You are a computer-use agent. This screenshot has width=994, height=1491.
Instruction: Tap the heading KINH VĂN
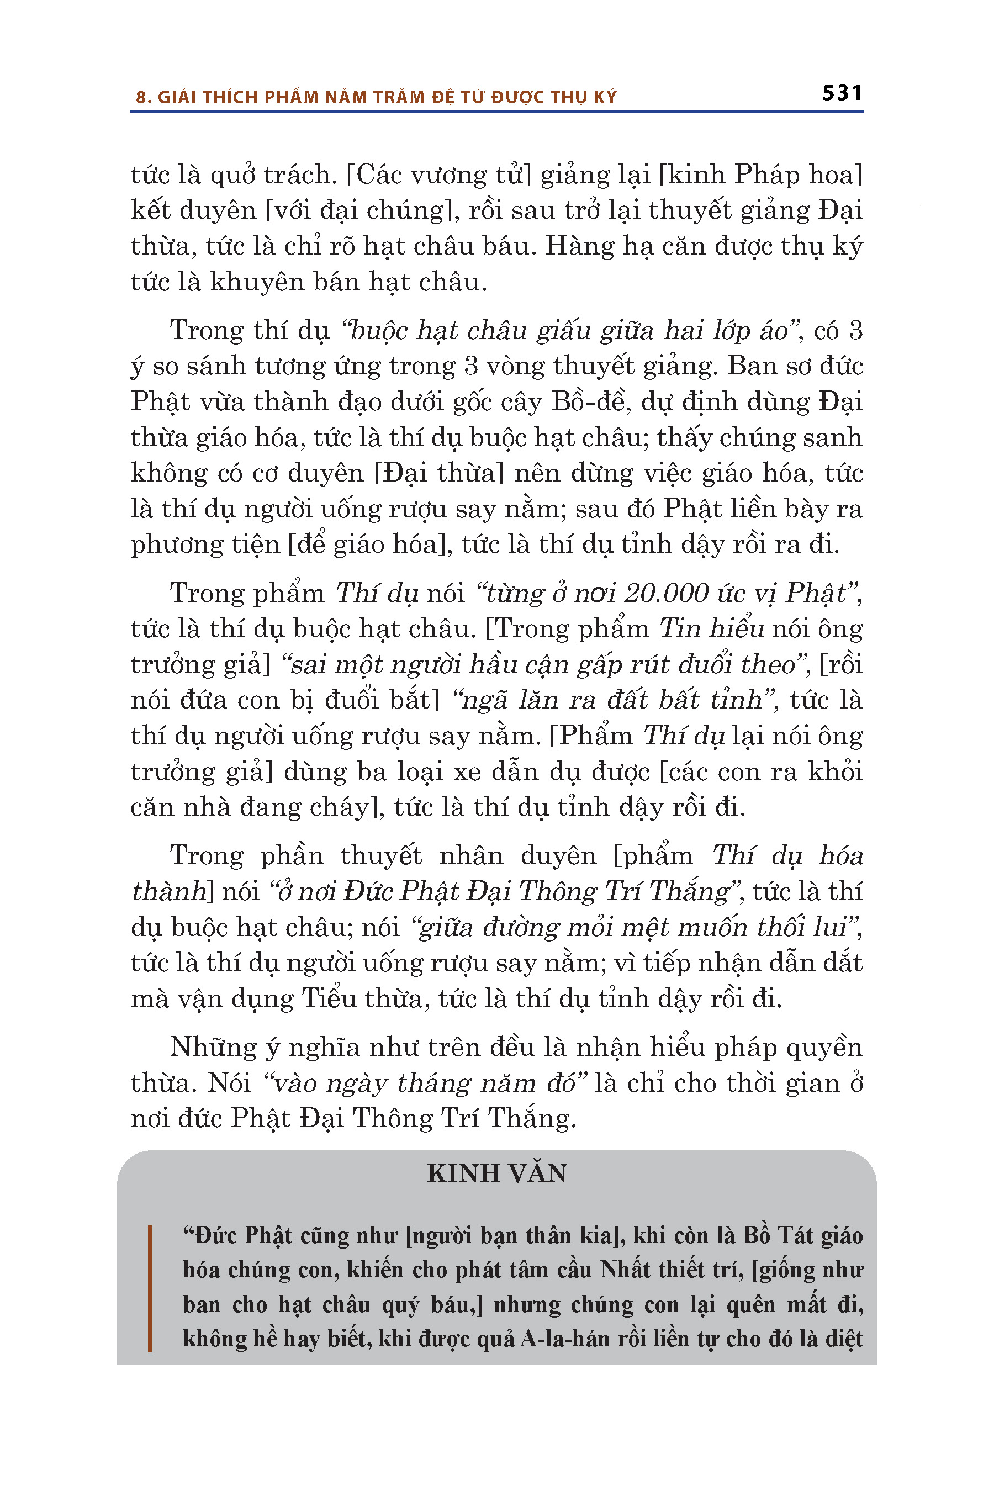pyautogui.click(x=496, y=1173)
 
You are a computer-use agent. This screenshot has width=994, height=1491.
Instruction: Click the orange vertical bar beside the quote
pyautogui.click(x=150, y=1289)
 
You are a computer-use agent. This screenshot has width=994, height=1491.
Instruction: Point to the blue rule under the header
pyautogui.click(x=496, y=112)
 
